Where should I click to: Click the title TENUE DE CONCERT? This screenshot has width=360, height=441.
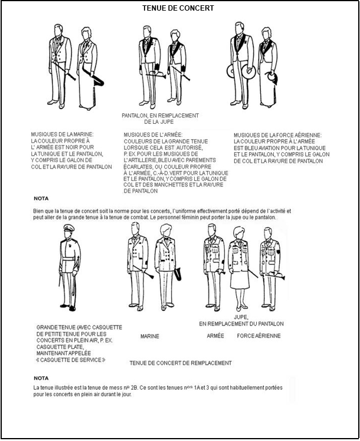pos(178,8)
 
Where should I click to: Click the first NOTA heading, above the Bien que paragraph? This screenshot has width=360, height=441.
pos(41,199)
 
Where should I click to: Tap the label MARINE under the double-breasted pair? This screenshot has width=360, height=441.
pos(150,336)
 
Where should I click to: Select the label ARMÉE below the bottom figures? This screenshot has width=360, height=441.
pos(215,335)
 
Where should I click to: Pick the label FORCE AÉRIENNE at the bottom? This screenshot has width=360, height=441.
pos(258,336)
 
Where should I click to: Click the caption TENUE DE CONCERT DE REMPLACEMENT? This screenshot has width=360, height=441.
pos(181,363)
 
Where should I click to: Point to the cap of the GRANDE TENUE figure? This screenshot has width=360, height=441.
pos(68,227)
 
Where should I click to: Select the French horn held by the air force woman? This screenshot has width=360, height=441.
pos(272,77)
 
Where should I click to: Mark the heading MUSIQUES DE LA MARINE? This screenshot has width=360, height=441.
pos(62,134)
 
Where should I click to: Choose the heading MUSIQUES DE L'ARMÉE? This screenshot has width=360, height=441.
pos(153,135)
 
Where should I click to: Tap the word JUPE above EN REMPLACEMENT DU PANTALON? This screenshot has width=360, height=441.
pos(241,317)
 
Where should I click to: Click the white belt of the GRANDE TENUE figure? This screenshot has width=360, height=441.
pos(68,259)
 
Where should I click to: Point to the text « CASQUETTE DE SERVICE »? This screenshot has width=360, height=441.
pos(71,360)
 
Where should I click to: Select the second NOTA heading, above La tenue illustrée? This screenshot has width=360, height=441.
pos(41,379)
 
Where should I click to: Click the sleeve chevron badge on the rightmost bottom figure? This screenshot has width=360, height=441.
pos(279,251)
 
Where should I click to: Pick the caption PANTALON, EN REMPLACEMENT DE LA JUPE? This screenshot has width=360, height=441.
pos(160,119)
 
